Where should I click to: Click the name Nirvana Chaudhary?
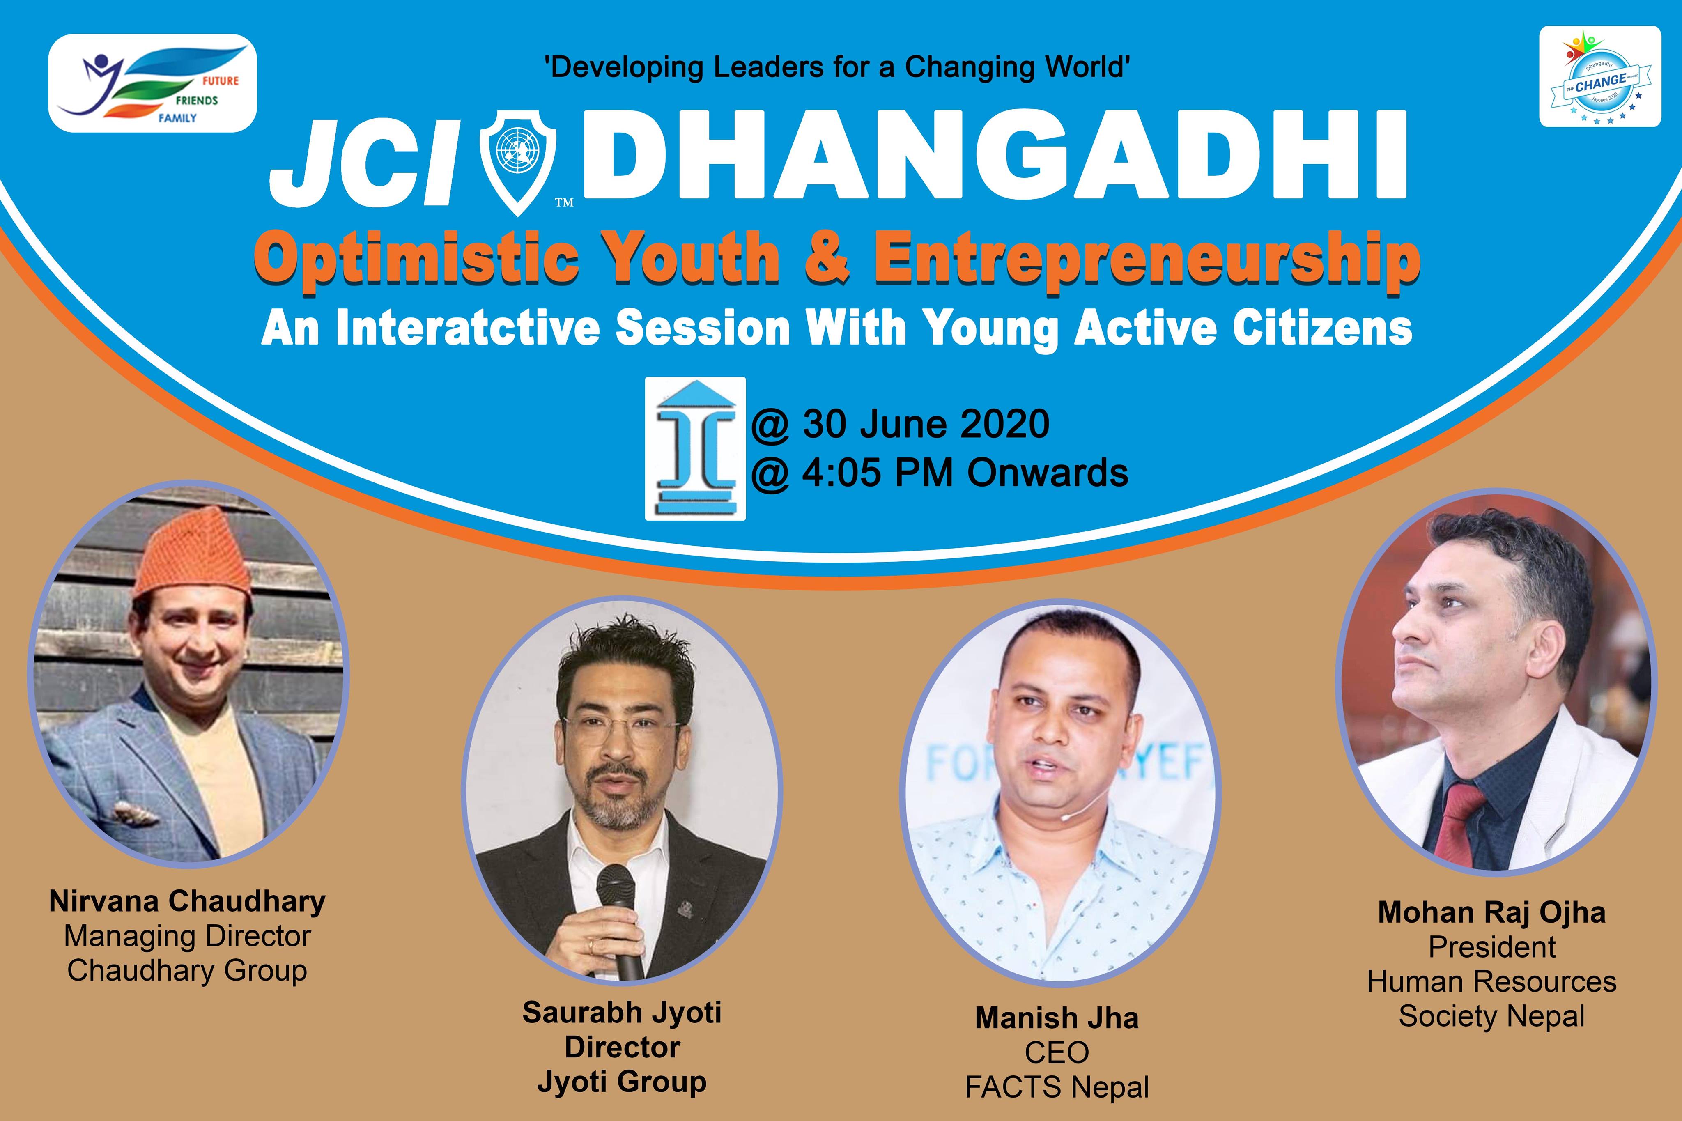coord(187,901)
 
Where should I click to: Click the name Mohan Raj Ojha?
coord(1492,913)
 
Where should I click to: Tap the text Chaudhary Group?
coord(187,970)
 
